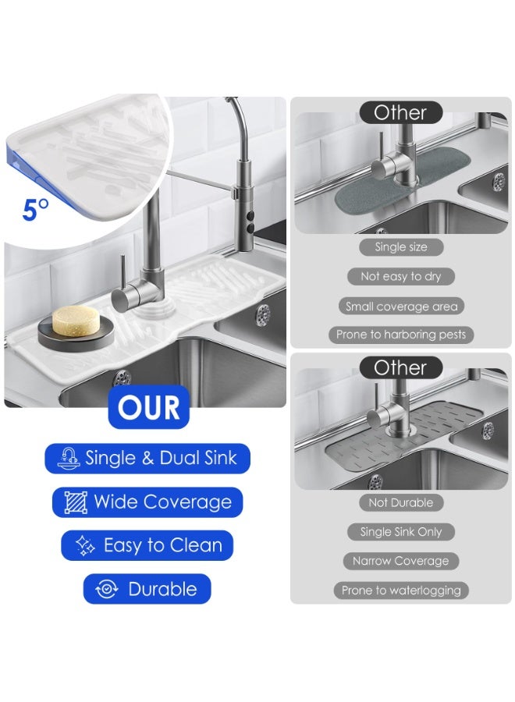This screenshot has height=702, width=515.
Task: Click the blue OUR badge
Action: click(x=148, y=407)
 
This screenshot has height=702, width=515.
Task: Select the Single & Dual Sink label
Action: click(x=148, y=458)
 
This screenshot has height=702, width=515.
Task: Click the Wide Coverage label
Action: click(x=148, y=502)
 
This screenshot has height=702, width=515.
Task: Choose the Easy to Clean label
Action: click(x=148, y=545)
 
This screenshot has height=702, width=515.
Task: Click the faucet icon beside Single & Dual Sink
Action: click(x=69, y=458)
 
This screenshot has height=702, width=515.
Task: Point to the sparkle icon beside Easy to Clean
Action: click(x=86, y=545)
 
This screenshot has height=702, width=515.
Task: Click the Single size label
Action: click(x=401, y=247)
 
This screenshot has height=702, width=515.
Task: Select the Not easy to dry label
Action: click(x=401, y=276)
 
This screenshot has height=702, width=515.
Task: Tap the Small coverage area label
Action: click(x=401, y=307)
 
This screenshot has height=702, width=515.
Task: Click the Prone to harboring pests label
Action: click(x=401, y=335)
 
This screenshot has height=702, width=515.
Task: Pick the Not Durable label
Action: click(x=401, y=503)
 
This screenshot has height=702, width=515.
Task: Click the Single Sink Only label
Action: click(x=401, y=532)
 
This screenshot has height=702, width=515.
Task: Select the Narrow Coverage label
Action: click(x=401, y=561)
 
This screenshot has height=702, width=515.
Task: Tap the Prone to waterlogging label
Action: click(x=401, y=590)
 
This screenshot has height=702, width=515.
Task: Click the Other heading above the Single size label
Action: click(x=401, y=112)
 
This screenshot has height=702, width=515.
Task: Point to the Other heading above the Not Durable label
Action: click(x=401, y=367)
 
